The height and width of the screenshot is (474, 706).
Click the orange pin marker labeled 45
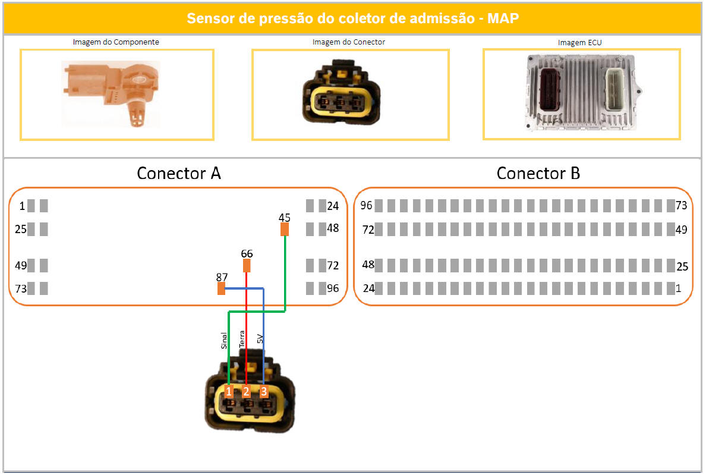click(x=285, y=229)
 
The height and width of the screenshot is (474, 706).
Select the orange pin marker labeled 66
click(x=247, y=265)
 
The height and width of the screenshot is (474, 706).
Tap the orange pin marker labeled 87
click(x=221, y=288)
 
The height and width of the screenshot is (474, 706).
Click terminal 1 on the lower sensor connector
click(x=229, y=391)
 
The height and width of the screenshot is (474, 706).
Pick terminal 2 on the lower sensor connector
click(x=246, y=391)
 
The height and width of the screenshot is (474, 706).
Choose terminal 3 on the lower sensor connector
click(x=264, y=391)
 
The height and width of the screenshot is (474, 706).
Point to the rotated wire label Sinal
click(x=223, y=340)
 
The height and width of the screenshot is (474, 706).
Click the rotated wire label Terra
click(x=241, y=339)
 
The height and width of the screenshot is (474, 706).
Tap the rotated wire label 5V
click(x=259, y=340)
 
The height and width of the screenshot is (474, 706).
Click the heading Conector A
click(x=178, y=173)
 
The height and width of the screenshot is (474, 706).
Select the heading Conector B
click(x=538, y=173)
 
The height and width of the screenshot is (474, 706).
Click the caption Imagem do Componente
click(x=116, y=42)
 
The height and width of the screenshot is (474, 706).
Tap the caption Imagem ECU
click(x=579, y=43)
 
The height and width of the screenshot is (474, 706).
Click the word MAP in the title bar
click(x=503, y=18)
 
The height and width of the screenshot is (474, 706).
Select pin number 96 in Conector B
click(x=366, y=206)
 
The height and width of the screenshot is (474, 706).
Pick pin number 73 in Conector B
click(x=681, y=206)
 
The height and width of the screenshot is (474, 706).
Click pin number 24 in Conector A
click(x=333, y=206)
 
